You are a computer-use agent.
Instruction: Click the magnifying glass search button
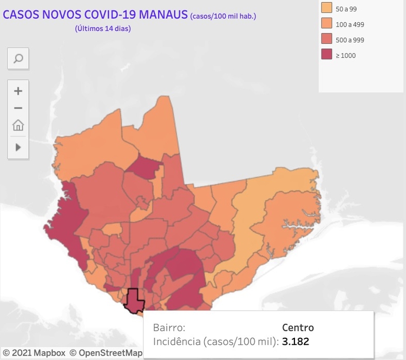pos(18,58)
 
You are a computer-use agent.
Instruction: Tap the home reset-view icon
pos(18,126)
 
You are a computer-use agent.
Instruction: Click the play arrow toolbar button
pos(18,147)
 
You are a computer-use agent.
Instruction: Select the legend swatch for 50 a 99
pos(326,9)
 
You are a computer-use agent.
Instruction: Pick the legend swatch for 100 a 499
pos(326,24)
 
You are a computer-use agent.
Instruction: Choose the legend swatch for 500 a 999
pos(326,40)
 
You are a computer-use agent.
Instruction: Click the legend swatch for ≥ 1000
pos(326,55)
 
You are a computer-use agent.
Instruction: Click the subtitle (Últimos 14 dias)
pos(103,29)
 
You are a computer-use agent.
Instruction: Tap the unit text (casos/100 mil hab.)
pos(223,16)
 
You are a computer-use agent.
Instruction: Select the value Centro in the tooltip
pos(298,328)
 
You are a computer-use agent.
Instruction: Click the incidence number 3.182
pos(296,342)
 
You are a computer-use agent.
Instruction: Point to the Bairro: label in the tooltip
pos(169,328)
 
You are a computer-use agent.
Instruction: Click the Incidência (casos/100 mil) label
pos(216,342)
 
